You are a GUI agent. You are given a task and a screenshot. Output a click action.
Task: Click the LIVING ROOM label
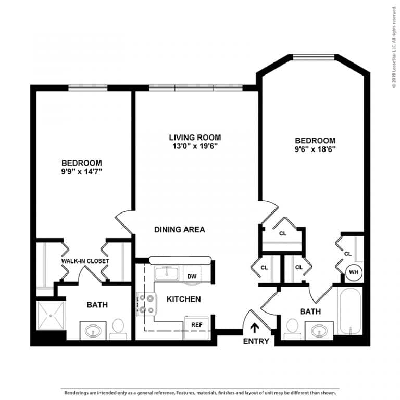(x=195, y=137)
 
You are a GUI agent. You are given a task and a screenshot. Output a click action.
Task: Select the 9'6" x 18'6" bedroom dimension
(x=315, y=149)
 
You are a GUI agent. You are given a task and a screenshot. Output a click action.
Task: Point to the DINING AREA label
(x=179, y=229)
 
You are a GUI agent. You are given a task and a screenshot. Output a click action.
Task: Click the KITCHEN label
(x=183, y=299)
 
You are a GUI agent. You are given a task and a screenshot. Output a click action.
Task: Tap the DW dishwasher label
(x=192, y=276)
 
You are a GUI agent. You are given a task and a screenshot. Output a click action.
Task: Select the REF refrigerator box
(x=196, y=324)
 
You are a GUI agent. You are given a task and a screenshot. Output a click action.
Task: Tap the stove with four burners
(x=146, y=304)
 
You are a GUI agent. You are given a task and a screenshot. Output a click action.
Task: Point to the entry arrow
(x=255, y=328)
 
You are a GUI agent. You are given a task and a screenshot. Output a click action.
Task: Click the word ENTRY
(x=256, y=342)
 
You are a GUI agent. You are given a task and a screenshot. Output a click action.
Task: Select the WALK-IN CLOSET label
(x=85, y=260)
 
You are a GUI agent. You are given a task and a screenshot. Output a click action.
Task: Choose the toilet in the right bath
(x=292, y=328)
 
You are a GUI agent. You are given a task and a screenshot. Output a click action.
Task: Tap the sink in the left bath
(x=93, y=330)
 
